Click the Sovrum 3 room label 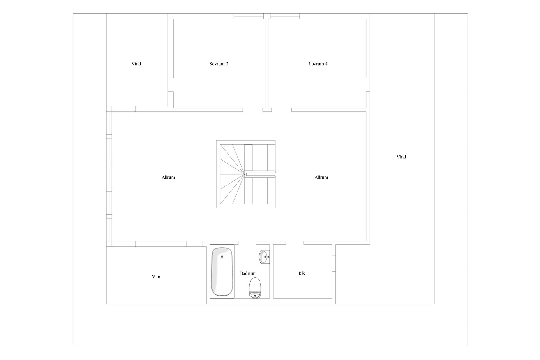(x=219, y=64)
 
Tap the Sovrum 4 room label (x=318, y=64)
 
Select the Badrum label (x=248, y=273)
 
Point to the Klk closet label (x=302, y=273)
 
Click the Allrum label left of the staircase (x=168, y=177)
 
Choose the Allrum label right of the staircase (x=321, y=177)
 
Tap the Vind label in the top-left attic (x=136, y=64)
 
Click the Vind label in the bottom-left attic (x=157, y=277)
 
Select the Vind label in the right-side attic (x=401, y=157)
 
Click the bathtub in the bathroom (x=222, y=271)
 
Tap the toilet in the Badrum (x=255, y=288)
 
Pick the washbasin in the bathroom (x=264, y=256)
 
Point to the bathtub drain (x=222, y=256)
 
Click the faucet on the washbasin (x=267, y=257)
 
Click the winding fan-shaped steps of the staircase (x=232, y=174)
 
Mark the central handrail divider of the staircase (x=261, y=174)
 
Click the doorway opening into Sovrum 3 (x=253, y=110)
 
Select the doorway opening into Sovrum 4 (x=282, y=110)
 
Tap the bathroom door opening (x=247, y=243)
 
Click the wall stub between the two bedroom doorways (x=267, y=110)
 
